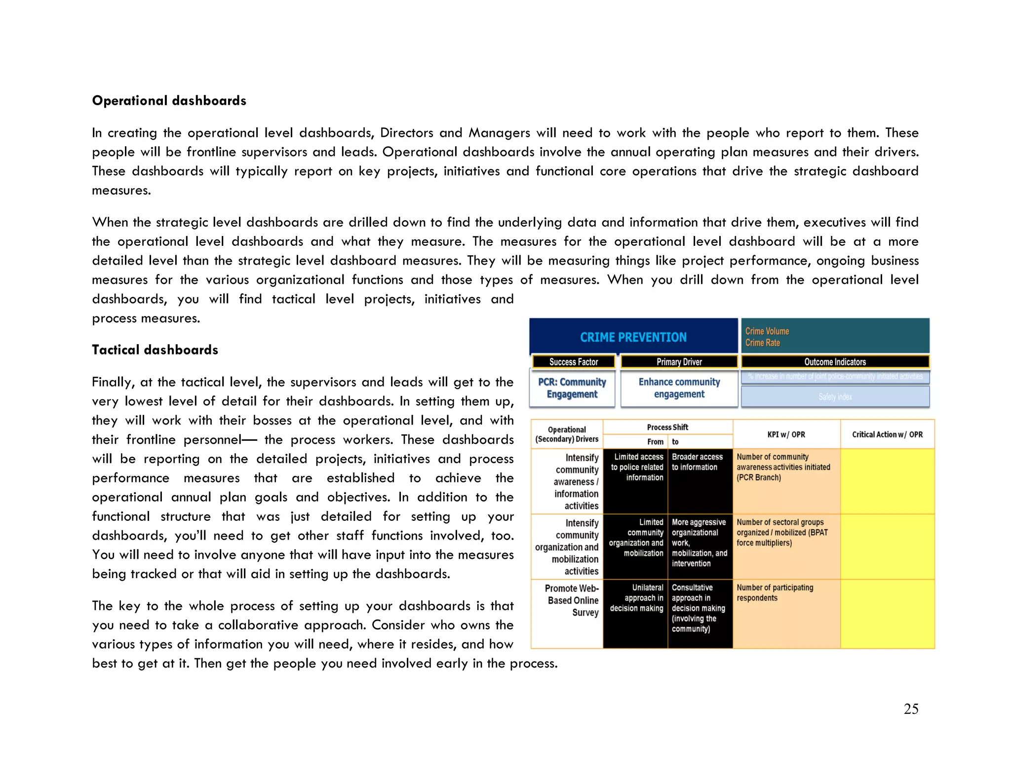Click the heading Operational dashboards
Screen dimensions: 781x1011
click(169, 101)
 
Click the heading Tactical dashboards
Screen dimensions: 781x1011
click(155, 350)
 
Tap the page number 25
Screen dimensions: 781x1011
click(911, 709)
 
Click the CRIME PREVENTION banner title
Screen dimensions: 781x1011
click(633, 337)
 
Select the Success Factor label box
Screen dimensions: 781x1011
click(573, 362)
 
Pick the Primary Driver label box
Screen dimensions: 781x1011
click(679, 362)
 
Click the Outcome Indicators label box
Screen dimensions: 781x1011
click(835, 362)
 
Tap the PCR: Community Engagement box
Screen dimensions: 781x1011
click(572, 388)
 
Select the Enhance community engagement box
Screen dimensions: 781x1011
click(679, 388)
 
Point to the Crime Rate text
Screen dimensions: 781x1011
click(763, 343)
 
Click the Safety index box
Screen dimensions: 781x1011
click(835, 396)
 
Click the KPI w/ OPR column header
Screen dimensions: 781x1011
click(786, 434)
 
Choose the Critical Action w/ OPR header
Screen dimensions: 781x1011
click(887, 434)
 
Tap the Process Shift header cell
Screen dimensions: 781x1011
click(667, 427)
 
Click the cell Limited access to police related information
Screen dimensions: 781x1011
click(636, 467)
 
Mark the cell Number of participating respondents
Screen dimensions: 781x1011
click(775, 592)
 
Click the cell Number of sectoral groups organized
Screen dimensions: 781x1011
click(782, 532)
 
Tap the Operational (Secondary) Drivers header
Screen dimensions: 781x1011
click(567, 434)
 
